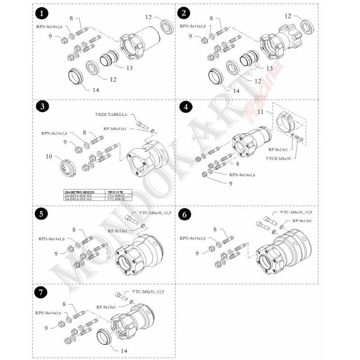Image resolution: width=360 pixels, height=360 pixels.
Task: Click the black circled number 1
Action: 42,13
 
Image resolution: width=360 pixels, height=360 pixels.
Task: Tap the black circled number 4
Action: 185,107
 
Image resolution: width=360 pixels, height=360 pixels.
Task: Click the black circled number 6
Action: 184,215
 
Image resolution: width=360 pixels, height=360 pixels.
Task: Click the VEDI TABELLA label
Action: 111,115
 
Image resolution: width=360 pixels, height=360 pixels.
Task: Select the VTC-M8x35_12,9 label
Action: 148,292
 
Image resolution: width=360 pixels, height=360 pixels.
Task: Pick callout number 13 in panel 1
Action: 130,68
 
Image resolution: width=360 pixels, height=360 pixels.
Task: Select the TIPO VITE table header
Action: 114,192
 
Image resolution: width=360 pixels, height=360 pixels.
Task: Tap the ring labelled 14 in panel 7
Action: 106,337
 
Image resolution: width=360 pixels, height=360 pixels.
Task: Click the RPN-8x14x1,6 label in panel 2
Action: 193,26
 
